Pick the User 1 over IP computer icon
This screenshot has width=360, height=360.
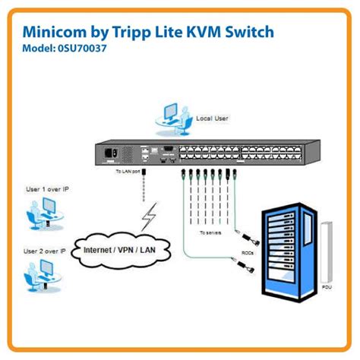click(x=42, y=213)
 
